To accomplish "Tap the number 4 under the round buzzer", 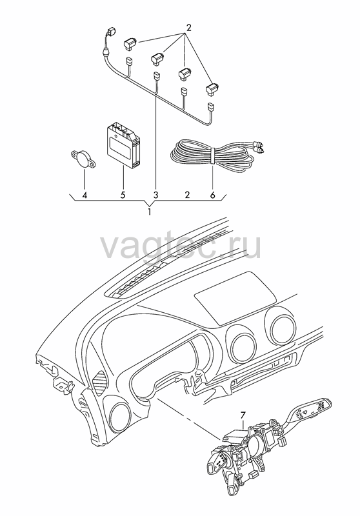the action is pyautogui.click(x=85, y=195).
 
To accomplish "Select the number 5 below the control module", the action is pyautogui.click(x=123, y=195).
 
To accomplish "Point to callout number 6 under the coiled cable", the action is pyautogui.click(x=212, y=195).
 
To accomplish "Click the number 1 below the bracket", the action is pyautogui.click(x=150, y=212).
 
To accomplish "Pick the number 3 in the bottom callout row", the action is pyautogui.click(x=155, y=195).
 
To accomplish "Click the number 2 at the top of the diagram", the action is pyautogui.click(x=188, y=28).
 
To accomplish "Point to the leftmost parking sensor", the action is pyautogui.click(x=130, y=44).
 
